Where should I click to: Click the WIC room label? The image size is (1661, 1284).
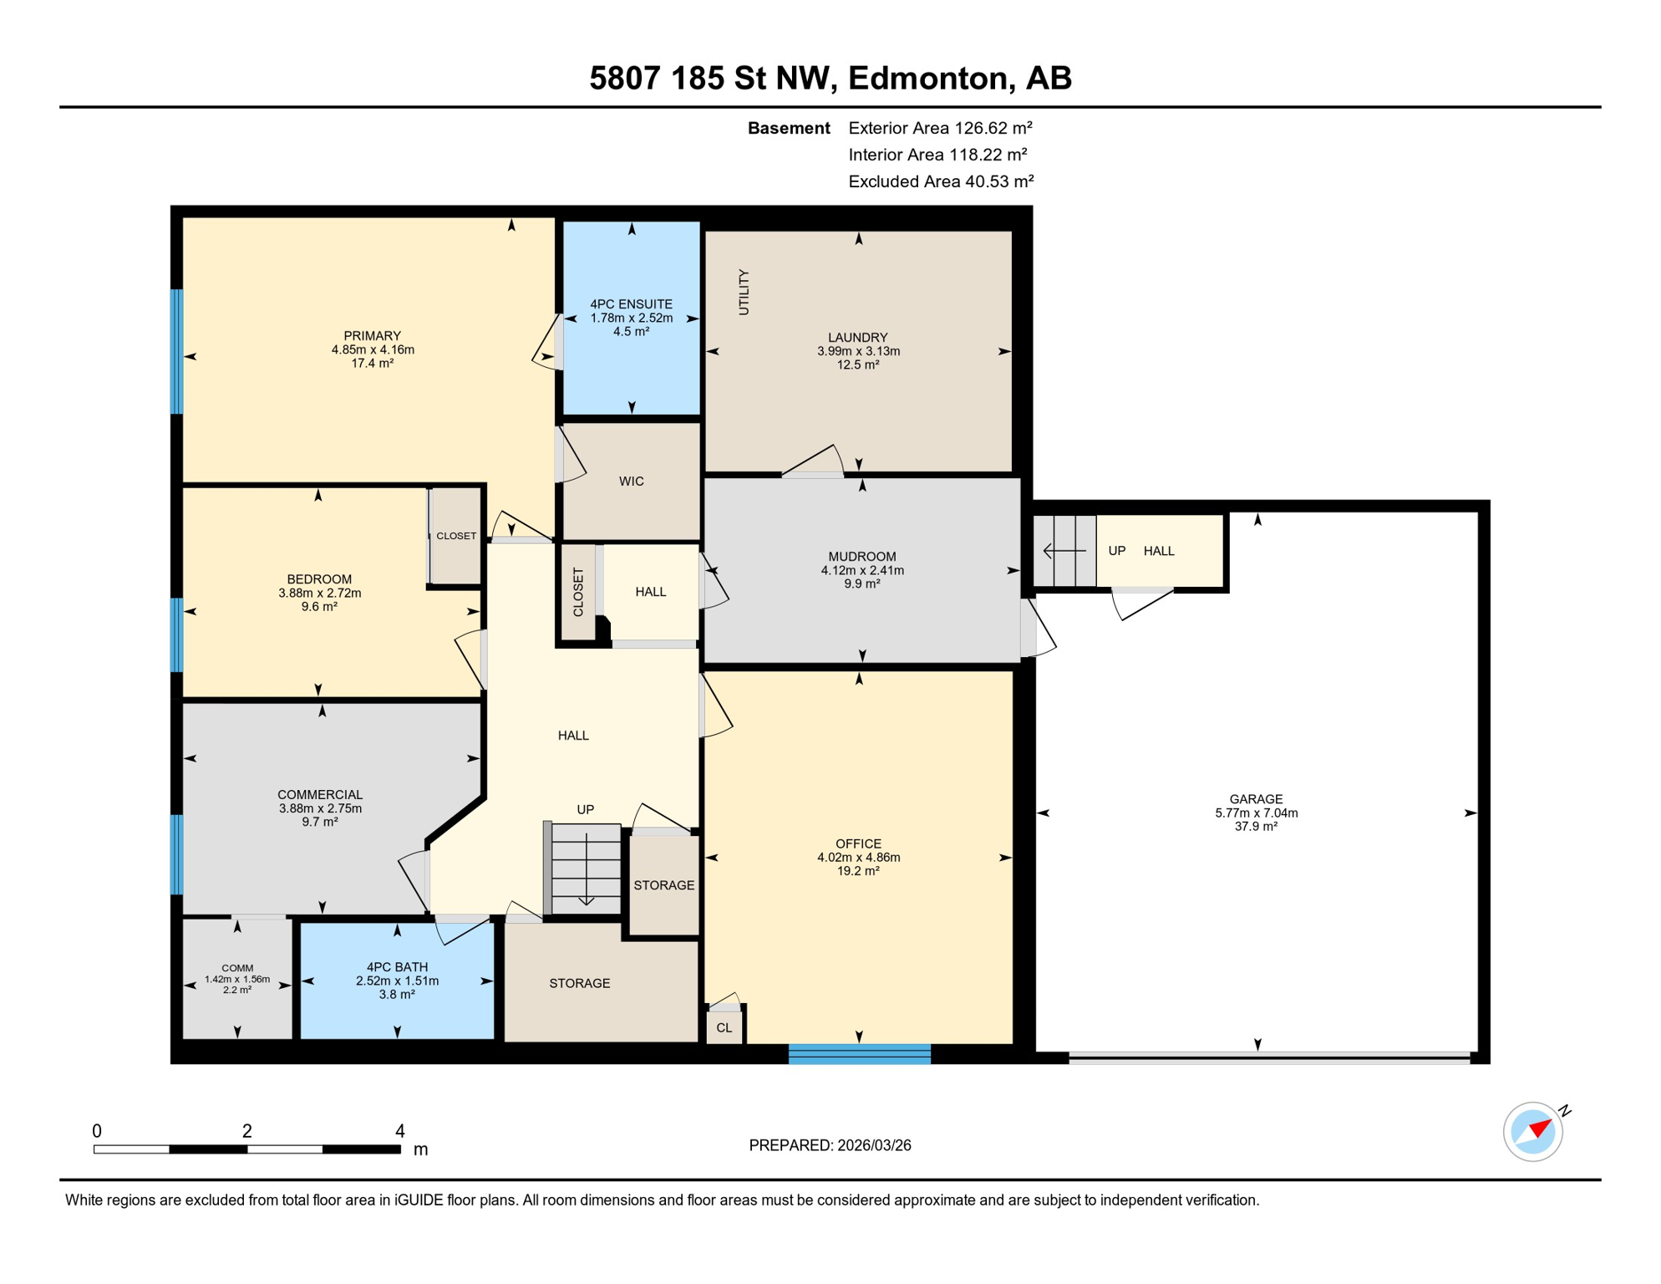(x=631, y=481)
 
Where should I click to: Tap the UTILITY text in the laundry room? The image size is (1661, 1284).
(x=744, y=292)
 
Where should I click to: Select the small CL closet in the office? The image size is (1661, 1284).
(x=724, y=1027)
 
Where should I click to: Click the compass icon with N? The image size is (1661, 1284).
(x=1533, y=1132)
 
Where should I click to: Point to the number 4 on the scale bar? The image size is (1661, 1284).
(x=400, y=1131)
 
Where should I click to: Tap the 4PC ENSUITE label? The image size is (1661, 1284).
(x=631, y=304)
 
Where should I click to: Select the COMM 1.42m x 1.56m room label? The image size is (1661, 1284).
(x=237, y=973)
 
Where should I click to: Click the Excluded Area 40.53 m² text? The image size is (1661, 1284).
(x=941, y=181)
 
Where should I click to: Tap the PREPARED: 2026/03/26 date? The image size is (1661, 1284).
(x=830, y=1145)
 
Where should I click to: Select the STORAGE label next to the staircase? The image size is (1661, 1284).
(x=663, y=885)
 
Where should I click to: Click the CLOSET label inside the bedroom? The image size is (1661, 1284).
(x=456, y=536)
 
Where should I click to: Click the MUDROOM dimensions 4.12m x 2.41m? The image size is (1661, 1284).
(x=861, y=570)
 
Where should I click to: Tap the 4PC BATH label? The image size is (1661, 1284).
(x=397, y=967)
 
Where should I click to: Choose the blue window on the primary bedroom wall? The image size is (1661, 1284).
(x=176, y=351)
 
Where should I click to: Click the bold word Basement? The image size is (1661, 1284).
(x=788, y=128)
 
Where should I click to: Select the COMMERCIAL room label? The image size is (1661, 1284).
(x=320, y=794)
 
